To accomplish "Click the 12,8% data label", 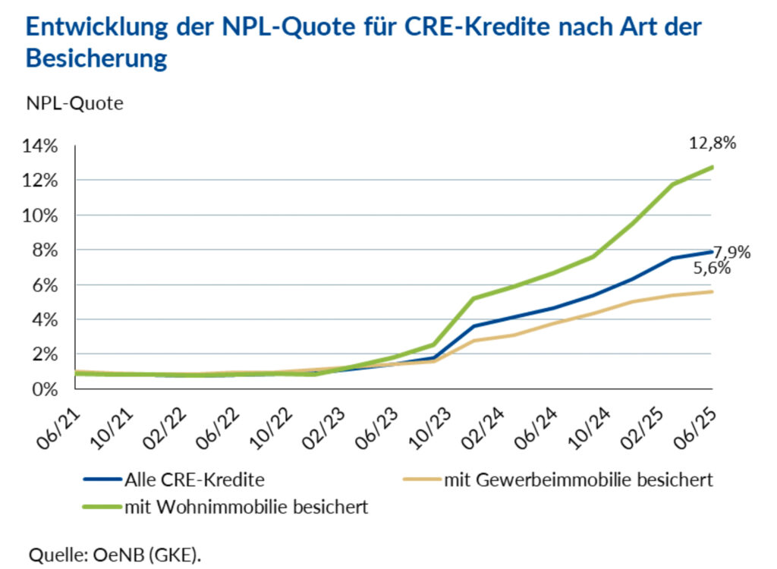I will point(712,143).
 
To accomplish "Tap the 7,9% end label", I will point(731,252).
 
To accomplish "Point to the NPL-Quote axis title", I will point(74,104).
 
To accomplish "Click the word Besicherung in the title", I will point(96,58).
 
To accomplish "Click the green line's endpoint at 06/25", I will point(713,167).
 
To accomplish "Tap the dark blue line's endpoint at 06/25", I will point(713,251).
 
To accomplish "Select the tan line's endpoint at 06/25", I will point(713,291).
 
